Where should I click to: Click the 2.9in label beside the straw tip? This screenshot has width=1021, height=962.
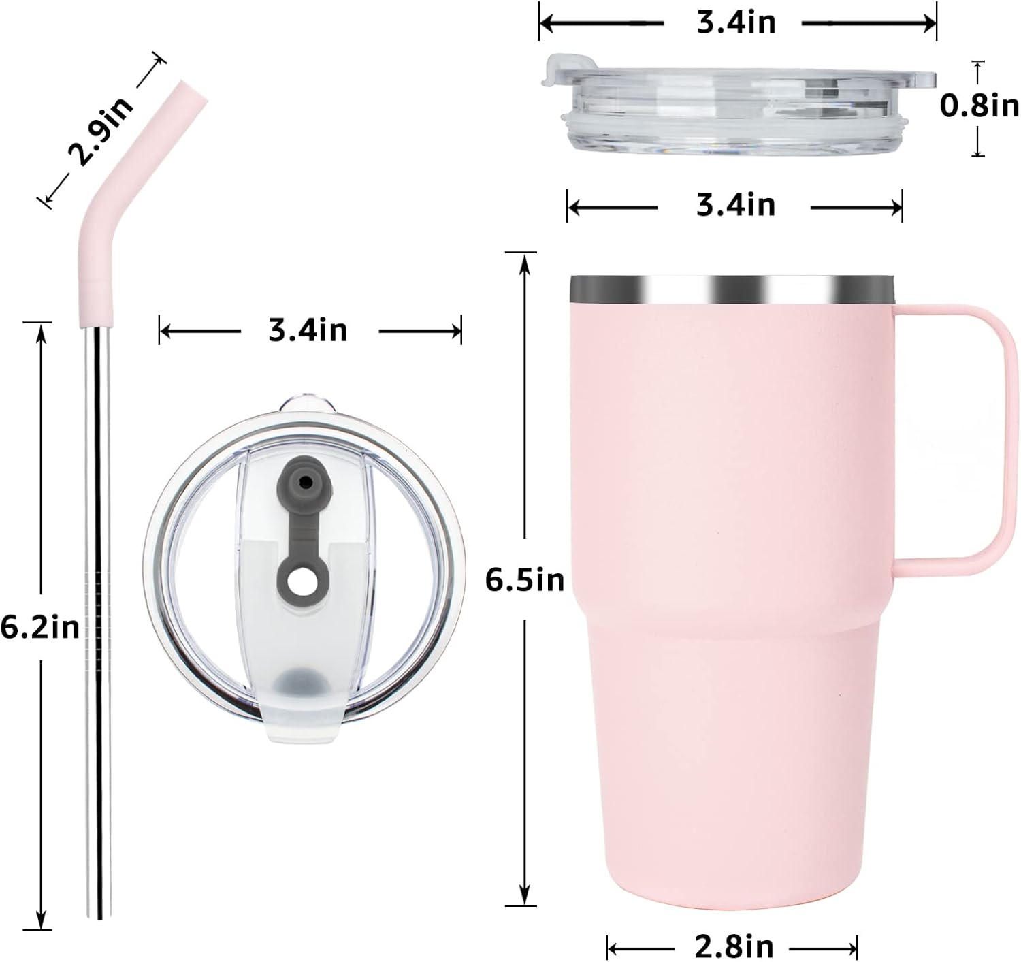point(101,132)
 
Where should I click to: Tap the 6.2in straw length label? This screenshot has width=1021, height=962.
point(40,627)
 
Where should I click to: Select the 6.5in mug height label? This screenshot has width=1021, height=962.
point(525,580)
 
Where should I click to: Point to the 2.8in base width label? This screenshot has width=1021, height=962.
point(734,946)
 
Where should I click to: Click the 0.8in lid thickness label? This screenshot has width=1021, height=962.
point(979,106)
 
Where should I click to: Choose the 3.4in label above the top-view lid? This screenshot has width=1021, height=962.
point(308,331)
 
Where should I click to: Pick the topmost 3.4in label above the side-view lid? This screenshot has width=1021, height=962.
point(736,22)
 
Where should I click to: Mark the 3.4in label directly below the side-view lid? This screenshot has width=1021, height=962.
point(735,204)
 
